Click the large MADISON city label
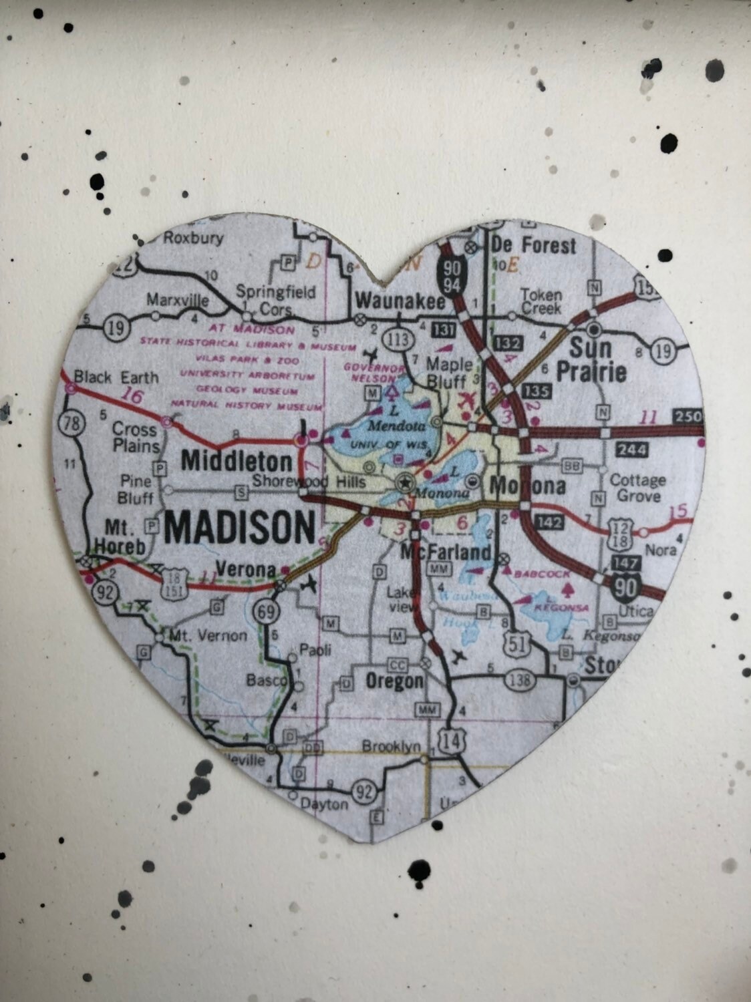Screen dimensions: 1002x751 tap(239, 528)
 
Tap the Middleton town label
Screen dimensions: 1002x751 tap(237, 461)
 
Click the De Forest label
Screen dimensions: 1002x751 tap(533, 246)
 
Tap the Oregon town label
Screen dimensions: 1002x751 tap(394, 681)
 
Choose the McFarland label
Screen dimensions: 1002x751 tap(446, 552)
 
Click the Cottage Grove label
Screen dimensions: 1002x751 tap(637, 488)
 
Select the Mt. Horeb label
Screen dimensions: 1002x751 tap(120, 536)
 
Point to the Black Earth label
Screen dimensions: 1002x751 tap(116, 377)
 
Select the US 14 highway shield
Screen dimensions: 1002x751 tap(452, 739)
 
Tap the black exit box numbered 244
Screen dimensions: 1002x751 tap(631, 450)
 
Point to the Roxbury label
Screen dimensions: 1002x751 tap(193, 238)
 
